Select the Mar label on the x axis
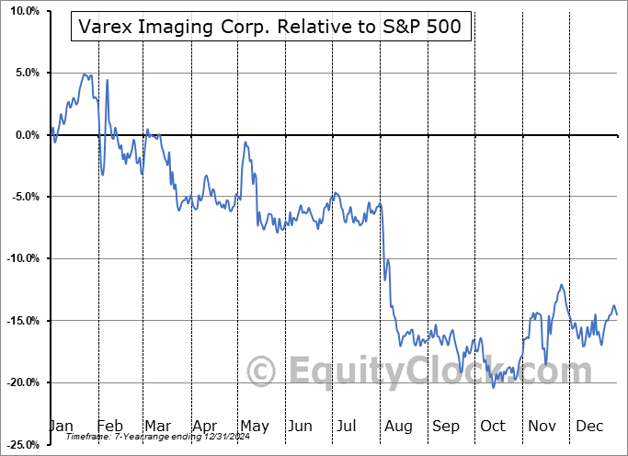click(157, 426)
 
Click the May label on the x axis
click(254, 426)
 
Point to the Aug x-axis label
click(398, 426)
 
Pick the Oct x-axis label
click(493, 426)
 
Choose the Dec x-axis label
click(588, 426)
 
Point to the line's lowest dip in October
click(494, 387)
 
